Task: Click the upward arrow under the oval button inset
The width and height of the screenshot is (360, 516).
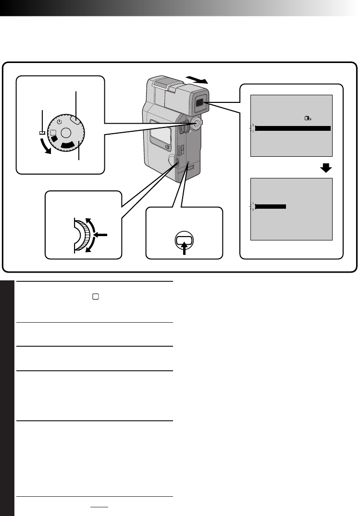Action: click(x=184, y=249)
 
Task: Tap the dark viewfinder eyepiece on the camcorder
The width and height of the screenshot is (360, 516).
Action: click(x=200, y=102)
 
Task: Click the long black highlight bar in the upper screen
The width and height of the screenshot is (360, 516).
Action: click(x=293, y=128)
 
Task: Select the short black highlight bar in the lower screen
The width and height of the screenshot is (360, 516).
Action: click(x=271, y=206)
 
